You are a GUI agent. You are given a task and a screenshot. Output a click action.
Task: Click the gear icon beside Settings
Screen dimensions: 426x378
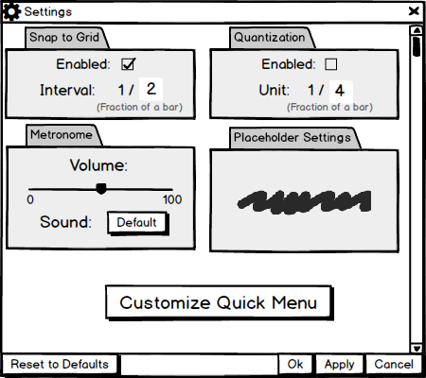[x=11, y=11]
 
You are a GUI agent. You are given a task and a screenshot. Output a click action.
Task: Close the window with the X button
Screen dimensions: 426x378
[x=414, y=11]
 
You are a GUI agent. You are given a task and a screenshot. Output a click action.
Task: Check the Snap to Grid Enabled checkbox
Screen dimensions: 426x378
[x=128, y=64]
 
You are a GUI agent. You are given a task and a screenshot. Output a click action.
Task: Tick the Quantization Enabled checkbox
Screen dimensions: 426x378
[x=330, y=64]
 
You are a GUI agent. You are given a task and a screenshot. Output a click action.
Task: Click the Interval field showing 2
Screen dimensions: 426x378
[x=151, y=89]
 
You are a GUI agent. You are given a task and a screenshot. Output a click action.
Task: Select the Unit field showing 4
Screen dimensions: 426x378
[x=341, y=91]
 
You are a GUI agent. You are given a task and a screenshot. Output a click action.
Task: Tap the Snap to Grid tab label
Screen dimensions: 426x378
[x=64, y=37]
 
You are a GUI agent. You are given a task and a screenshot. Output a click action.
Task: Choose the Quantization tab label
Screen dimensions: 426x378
[x=270, y=37]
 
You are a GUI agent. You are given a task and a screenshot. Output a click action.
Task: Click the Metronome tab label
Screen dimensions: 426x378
[x=62, y=135]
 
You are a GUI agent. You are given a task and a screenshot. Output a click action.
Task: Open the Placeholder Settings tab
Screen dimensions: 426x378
[x=293, y=138]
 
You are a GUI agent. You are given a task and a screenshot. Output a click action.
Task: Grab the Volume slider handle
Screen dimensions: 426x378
[x=101, y=189]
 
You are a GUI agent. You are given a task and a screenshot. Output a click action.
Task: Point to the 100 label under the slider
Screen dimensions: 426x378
[x=172, y=199]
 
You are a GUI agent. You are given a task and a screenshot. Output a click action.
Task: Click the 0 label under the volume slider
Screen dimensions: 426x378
[x=30, y=199]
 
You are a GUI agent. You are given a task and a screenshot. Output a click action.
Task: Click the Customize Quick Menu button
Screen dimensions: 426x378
[x=219, y=302]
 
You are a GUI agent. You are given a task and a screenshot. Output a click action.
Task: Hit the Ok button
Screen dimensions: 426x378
[x=295, y=364]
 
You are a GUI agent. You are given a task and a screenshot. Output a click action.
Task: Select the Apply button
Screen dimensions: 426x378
[x=340, y=364]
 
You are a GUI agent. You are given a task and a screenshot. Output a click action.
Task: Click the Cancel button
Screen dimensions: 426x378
[x=394, y=364]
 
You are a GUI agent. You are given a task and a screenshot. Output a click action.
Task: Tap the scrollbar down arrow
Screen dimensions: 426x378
[x=417, y=349]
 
